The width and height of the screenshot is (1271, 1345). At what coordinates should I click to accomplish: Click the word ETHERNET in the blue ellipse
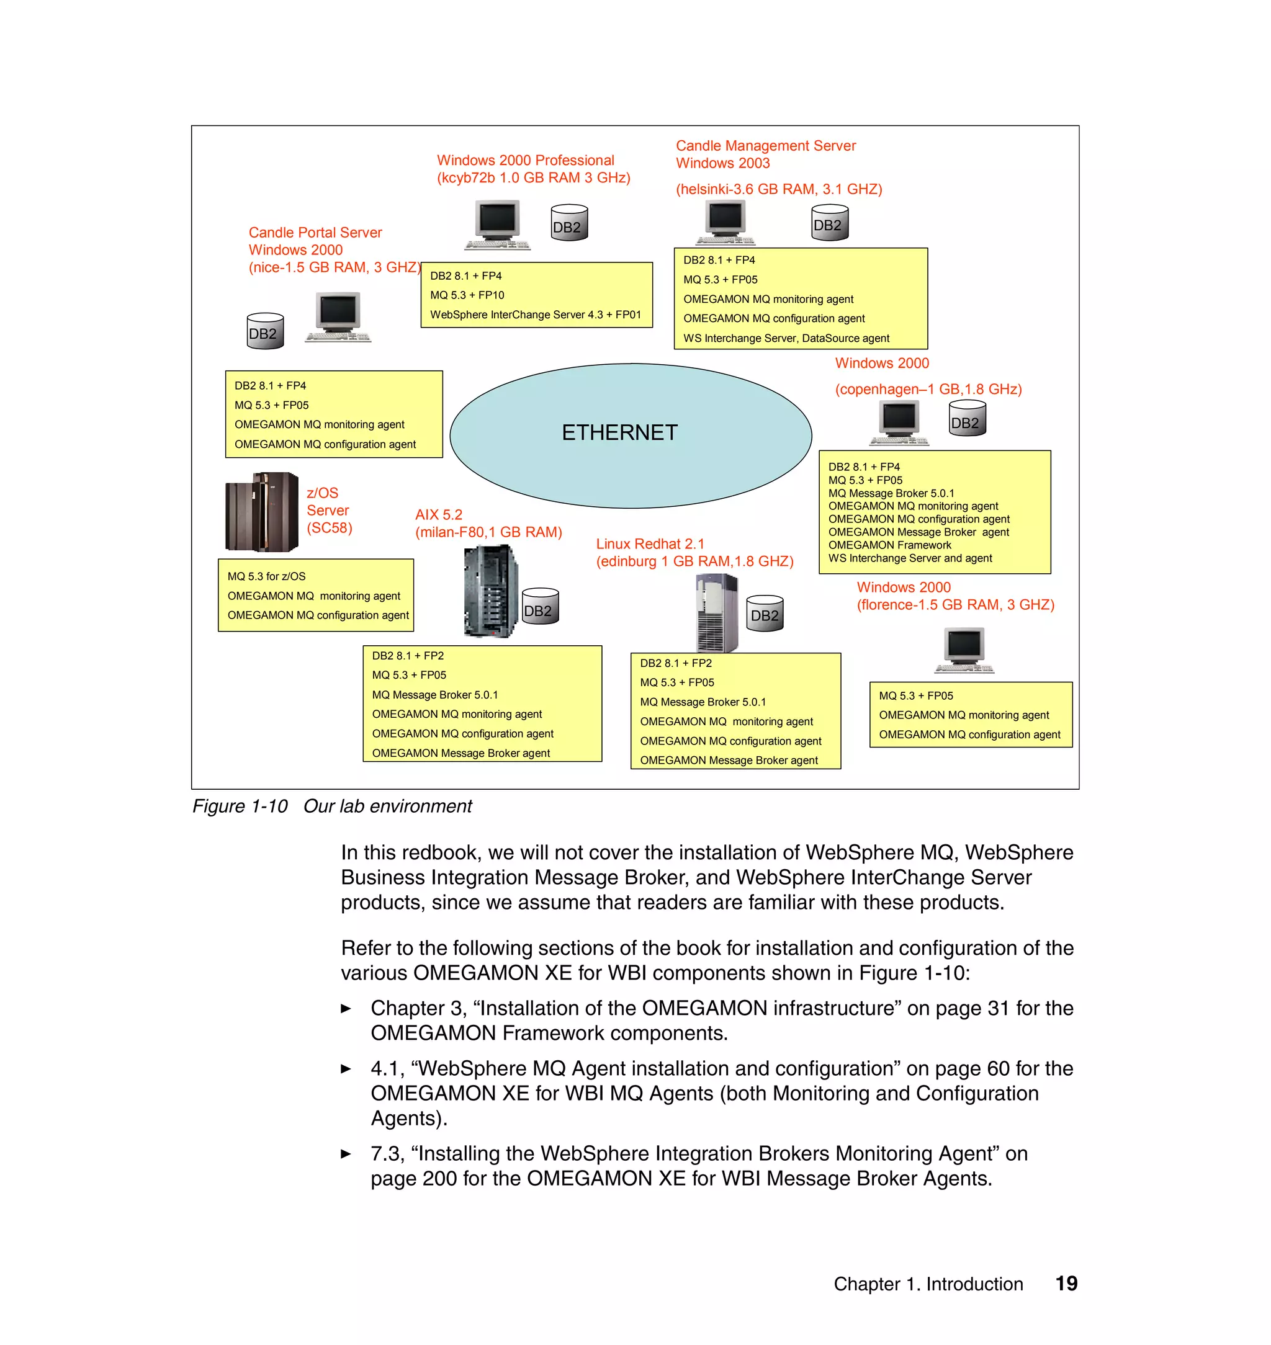[x=619, y=432]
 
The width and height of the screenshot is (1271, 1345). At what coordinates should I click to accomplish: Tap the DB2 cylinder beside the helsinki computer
[x=829, y=223]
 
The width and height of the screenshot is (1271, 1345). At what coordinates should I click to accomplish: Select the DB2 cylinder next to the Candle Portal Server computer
[x=265, y=331]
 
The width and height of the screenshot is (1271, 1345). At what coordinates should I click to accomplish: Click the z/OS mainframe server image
[x=261, y=512]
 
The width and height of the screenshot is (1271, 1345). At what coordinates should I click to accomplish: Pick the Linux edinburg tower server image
[x=717, y=612]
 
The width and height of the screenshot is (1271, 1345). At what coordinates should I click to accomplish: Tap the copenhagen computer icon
[x=899, y=422]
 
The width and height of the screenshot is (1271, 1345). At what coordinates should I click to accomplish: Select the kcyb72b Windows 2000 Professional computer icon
[x=497, y=224]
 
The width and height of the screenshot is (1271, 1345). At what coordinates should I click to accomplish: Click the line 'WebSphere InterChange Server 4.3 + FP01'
[x=535, y=315]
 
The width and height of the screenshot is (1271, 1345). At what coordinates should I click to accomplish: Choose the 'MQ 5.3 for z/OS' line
[x=266, y=576]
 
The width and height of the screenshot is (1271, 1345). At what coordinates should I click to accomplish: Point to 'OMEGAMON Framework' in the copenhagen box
[x=889, y=545]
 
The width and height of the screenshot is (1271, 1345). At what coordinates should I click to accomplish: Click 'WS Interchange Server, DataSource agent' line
[x=786, y=338]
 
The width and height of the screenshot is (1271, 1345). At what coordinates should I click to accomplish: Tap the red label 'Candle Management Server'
[x=766, y=146]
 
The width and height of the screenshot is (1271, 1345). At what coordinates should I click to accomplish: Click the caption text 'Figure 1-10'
[x=240, y=806]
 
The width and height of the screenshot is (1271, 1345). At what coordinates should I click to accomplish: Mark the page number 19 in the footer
[x=1066, y=1284]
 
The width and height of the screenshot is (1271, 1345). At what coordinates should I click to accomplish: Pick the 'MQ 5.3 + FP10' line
[x=467, y=295]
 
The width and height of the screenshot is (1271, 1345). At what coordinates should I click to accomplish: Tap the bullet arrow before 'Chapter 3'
[x=346, y=1008]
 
